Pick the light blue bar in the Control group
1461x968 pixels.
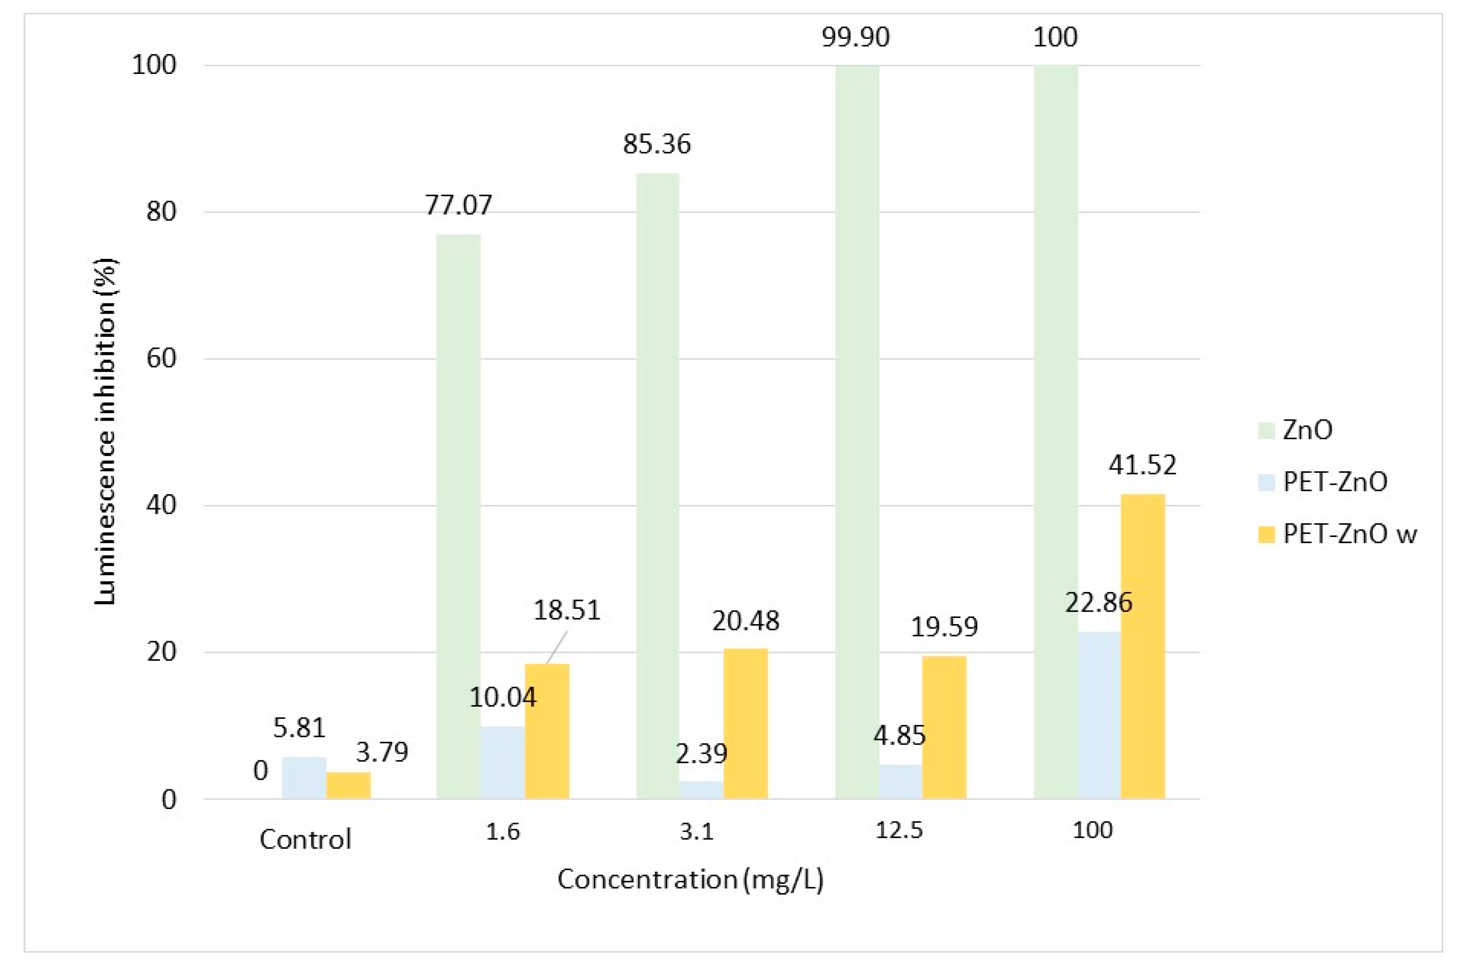304,777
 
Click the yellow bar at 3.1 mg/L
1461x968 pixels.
745,724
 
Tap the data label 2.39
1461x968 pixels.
701,753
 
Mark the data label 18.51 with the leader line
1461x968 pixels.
566,611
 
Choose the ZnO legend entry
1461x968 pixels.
1307,430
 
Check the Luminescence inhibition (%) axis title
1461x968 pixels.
106,432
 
